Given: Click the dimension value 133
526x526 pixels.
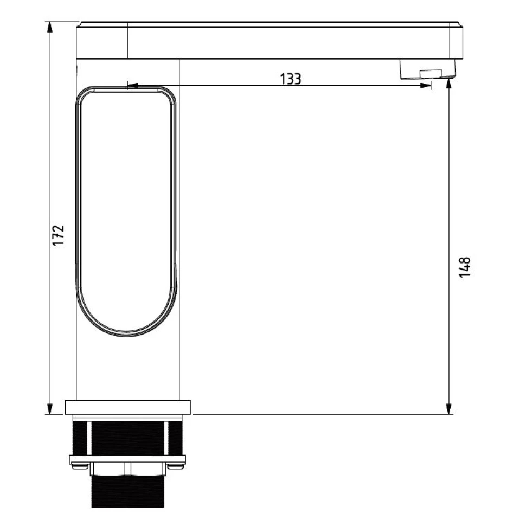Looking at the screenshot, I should pos(290,79).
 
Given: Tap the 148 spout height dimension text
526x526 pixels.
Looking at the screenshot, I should pos(465,267).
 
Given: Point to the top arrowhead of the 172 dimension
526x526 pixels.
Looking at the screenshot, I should pos(50,27).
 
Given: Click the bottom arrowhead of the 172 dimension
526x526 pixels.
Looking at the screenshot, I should pos(50,409).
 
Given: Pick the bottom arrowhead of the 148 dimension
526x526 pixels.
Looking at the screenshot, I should pos(449,409).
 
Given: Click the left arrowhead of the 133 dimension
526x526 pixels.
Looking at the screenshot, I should pos(132,85).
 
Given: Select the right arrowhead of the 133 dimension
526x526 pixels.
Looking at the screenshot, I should pos(425,85).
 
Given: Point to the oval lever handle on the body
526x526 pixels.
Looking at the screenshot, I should pos(127,211).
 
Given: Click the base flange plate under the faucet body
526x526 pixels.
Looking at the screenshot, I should pos(128,407).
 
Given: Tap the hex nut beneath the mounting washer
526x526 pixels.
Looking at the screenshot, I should pos(128,469).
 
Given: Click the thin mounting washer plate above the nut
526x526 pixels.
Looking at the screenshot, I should pos(128,459).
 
